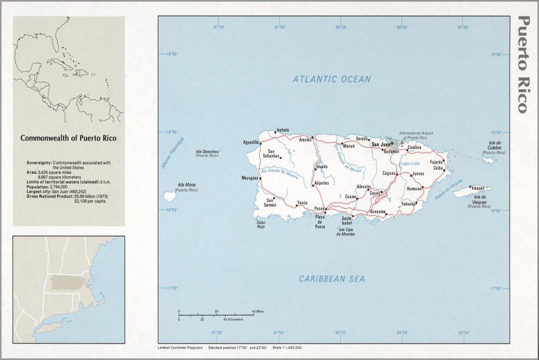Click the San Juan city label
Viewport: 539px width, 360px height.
380,145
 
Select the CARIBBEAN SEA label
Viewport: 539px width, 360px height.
332,279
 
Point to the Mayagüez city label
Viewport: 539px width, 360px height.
249,178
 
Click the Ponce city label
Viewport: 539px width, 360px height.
320,209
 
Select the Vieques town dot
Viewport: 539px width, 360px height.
470,187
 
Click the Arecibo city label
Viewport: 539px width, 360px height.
305,139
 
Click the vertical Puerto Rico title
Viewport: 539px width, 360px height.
523,64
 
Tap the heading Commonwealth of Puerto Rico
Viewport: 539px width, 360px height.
68,138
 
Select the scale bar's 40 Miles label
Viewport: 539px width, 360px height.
257,312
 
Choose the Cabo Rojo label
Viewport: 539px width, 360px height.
261,224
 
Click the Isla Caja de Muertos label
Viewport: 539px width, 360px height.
346,231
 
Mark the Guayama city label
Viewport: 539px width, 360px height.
377,212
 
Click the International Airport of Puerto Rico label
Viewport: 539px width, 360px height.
417,136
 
